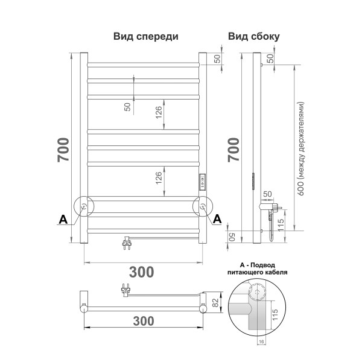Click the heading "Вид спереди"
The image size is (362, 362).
(x=145, y=36)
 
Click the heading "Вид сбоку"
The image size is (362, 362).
(x=253, y=36)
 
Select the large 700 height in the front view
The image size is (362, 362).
(x=63, y=149)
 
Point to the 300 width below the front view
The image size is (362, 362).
(x=142, y=271)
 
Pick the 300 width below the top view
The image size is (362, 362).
(x=142, y=321)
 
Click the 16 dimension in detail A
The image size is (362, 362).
(x=262, y=342)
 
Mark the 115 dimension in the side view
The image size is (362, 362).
(x=281, y=226)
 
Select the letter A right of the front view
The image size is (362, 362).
(x=217, y=218)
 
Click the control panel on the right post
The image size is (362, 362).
(x=203, y=182)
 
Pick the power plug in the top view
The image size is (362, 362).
(x=126, y=290)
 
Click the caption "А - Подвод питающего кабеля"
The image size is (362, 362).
(x=262, y=268)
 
